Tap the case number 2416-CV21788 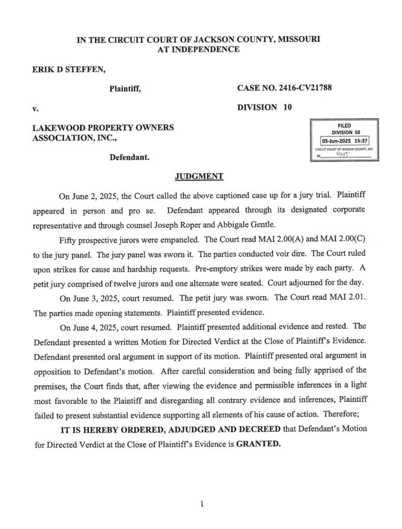(x=303, y=88)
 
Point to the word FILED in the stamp (x=345, y=126)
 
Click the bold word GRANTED (x=258, y=444)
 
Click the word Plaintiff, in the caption (x=125, y=89)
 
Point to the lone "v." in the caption (x=35, y=109)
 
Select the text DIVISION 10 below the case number (x=265, y=108)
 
